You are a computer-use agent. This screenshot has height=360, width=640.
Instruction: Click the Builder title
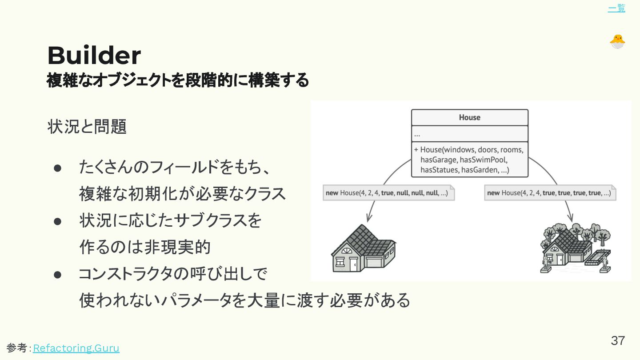click(94, 56)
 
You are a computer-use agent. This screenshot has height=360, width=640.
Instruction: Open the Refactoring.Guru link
click(76, 348)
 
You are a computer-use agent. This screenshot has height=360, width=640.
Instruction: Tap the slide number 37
click(618, 341)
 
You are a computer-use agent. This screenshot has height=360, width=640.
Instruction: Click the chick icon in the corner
click(617, 41)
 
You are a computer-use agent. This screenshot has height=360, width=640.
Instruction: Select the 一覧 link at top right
click(616, 8)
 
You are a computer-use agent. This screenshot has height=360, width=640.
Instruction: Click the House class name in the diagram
click(469, 117)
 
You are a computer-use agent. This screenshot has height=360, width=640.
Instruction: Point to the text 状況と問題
click(87, 127)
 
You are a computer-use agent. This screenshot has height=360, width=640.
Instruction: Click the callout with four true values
click(550, 193)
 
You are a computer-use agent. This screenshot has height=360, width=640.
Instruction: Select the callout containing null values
click(388, 193)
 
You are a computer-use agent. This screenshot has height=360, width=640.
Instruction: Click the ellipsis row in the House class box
click(469, 134)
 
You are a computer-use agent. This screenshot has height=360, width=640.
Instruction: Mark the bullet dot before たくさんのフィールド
click(57, 168)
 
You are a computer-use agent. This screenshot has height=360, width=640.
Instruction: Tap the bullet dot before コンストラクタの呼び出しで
click(57, 274)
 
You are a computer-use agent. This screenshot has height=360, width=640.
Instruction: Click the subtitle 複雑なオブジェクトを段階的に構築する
click(177, 80)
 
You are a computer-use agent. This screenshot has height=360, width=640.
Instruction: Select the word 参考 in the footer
click(17, 348)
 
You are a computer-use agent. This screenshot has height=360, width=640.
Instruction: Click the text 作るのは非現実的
click(144, 248)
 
